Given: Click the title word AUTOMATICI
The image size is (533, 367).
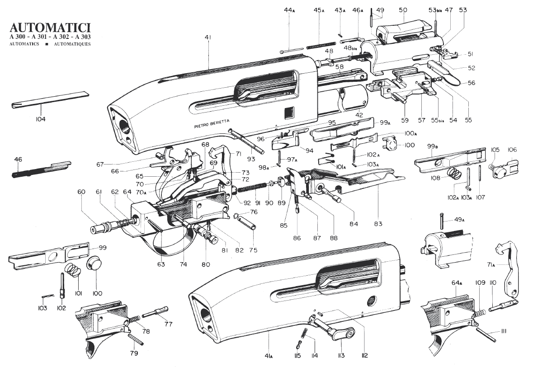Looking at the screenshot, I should coord(49,26).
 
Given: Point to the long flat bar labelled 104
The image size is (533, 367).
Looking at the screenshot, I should coord(50,98).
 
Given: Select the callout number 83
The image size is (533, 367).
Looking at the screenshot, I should coord(377,223).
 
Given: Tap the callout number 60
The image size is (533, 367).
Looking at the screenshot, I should coord(81,192).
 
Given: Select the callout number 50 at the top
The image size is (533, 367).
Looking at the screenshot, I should coord(403,10).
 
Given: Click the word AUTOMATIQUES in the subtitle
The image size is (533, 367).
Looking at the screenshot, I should coord(72,45).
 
